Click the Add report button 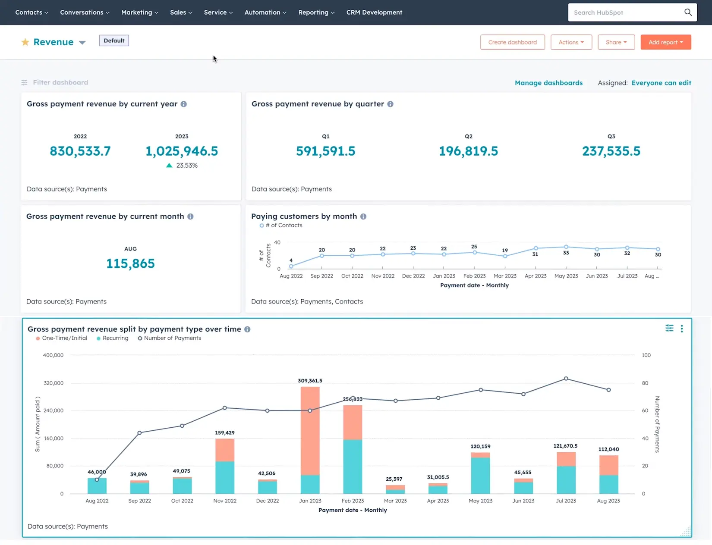665,42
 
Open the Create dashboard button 512,42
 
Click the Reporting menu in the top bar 316,13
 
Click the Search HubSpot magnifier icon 688,13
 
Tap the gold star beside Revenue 25,42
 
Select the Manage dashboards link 548,83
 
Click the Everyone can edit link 661,83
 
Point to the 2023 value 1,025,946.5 182,151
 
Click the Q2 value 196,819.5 468,151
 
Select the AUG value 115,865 130,263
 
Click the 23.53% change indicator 182,166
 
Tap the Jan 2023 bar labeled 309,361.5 310,431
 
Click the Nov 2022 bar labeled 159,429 225,466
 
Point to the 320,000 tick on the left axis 54,383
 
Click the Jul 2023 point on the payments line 566,379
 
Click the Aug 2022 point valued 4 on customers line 291,266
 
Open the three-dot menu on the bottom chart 682,329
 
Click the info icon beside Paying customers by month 363,216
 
